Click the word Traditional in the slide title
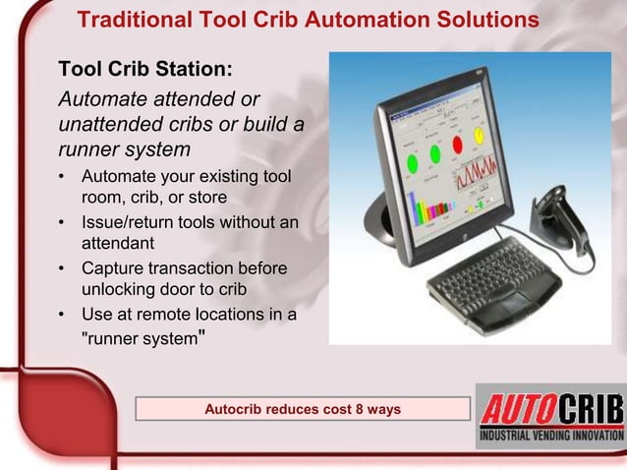pos(133,20)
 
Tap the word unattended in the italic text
pos(108,125)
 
